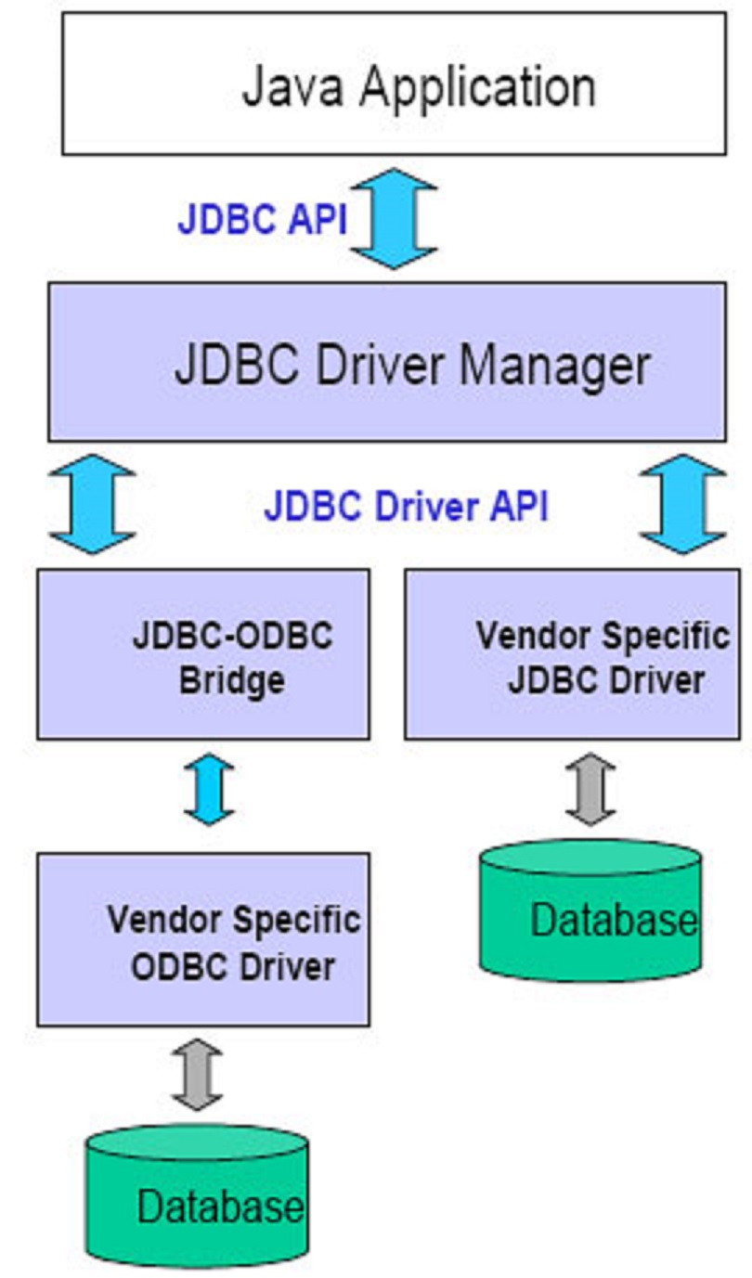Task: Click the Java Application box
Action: point(395,84)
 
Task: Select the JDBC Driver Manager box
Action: point(387,362)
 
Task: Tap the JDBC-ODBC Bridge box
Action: point(203,654)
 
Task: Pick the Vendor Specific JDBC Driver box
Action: point(573,654)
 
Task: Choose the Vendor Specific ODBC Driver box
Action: point(203,939)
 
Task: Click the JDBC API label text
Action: point(262,221)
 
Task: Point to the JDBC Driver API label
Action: point(406,507)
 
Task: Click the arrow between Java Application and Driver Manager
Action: point(394,219)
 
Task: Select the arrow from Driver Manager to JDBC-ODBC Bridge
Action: point(92,505)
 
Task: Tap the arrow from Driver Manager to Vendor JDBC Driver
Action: point(682,505)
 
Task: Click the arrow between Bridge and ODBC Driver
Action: point(209,790)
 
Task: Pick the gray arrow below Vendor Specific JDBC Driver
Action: point(590,790)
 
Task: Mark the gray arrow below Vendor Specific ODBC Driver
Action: point(197,1075)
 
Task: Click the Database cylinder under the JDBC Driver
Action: point(590,914)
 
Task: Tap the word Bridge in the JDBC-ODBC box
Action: point(231,681)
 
